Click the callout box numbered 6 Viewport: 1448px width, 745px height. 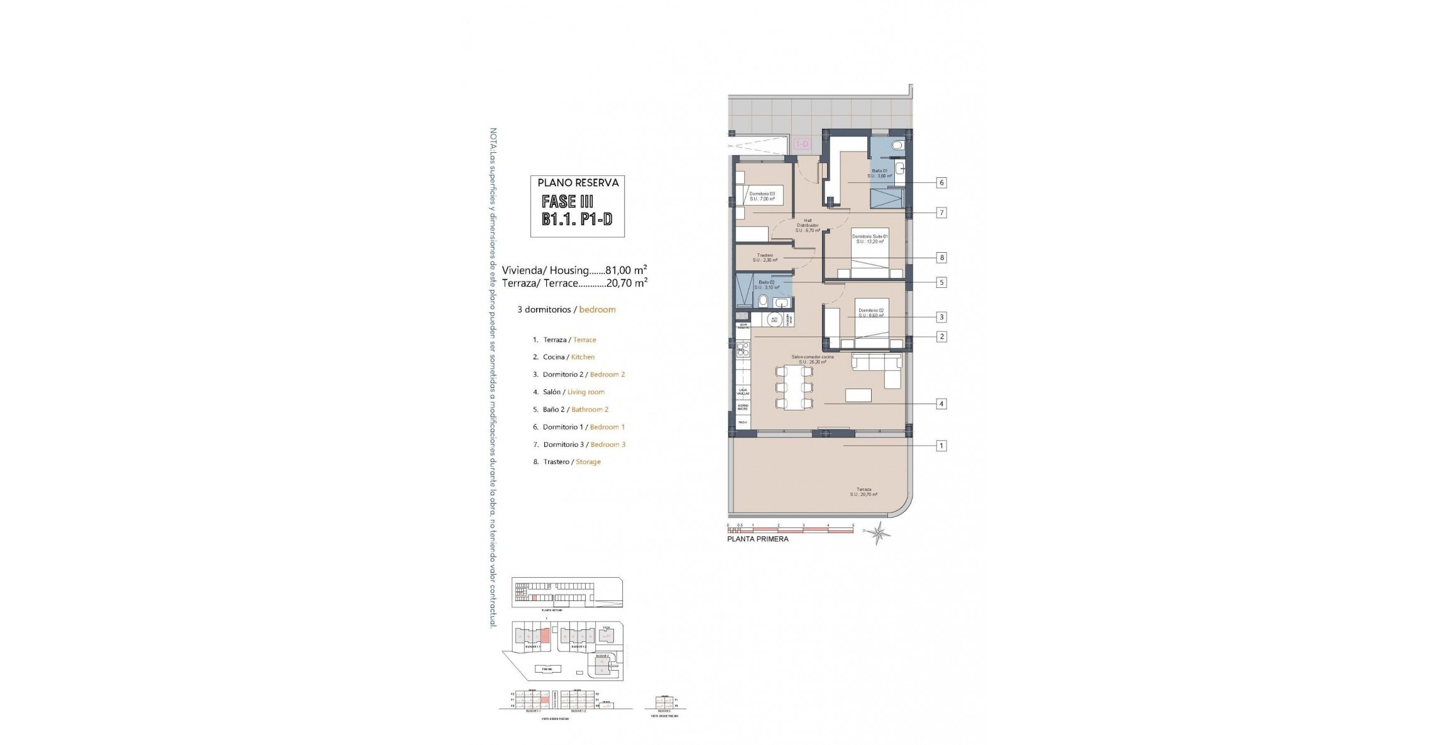[x=941, y=183]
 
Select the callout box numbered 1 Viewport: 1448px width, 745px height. [x=941, y=446]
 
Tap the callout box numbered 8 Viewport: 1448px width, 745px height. [x=941, y=258]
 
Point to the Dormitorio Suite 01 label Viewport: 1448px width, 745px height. [x=870, y=238]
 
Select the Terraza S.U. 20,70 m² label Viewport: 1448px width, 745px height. [x=864, y=492]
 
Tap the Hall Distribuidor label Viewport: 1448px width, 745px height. [x=808, y=225]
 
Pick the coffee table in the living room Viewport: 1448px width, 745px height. [x=858, y=395]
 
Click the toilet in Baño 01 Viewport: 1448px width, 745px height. [x=897, y=146]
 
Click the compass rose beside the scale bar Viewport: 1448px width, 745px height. [x=879, y=533]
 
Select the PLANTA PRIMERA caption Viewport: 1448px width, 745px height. [x=757, y=539]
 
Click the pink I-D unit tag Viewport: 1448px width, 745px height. [x=803, y=145]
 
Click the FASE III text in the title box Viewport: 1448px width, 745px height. [x=568, y=201]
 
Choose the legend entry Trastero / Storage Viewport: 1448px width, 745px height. [x=566, y=462]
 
